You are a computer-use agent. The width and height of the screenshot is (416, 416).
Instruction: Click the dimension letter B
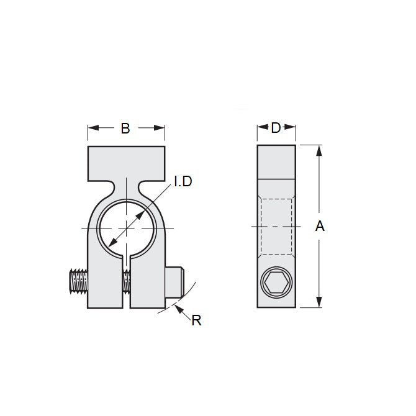[x=125, y=129]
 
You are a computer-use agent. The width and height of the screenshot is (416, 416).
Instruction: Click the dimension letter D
[x=276, y=128]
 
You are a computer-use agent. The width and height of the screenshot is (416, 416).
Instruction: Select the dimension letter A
[x=320, y=227]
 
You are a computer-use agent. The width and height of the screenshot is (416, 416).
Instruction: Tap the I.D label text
[x=183, y=181]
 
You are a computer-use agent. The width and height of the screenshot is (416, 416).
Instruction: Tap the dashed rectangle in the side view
[x=276, y=226]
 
